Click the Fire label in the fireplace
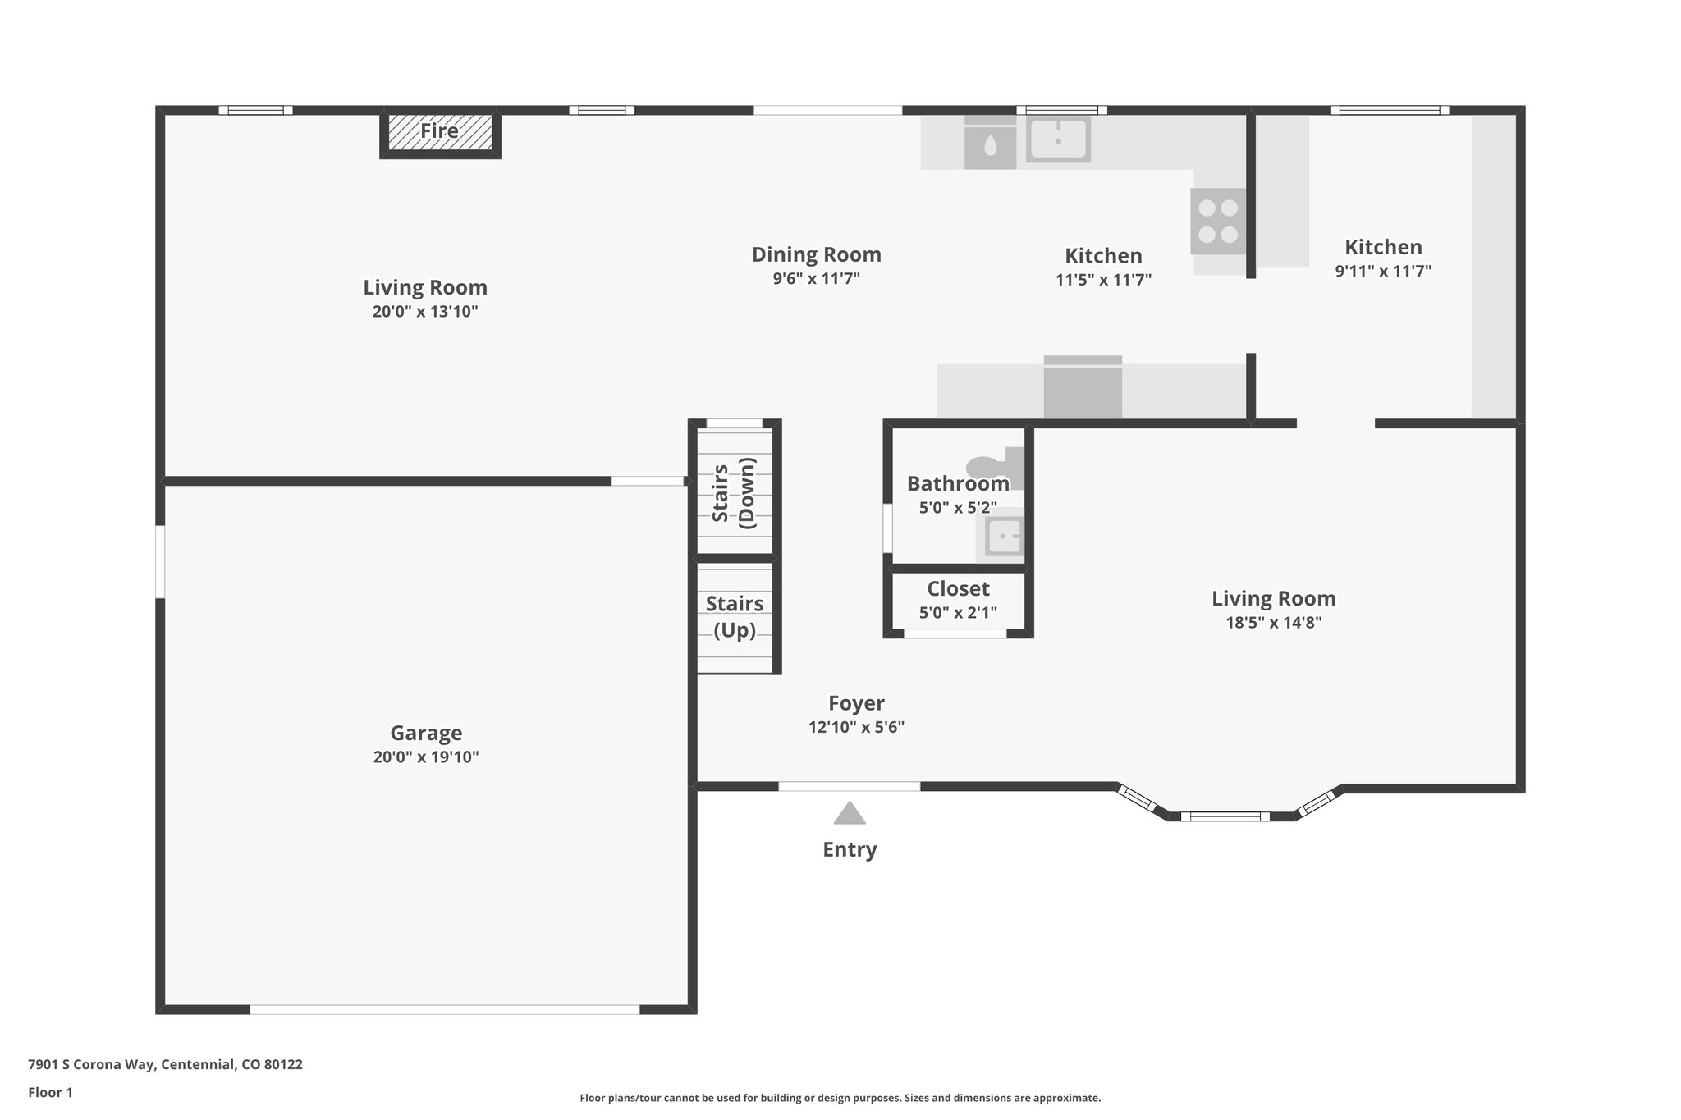click(x=439, y=131)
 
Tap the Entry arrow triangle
click(x=850, y=813)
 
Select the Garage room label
click(x=425, y=733)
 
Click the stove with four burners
click(x=1218, y=221)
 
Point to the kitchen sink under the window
click(x=1058, y=139)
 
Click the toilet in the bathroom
click(x=995, y=468)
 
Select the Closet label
click(x=958, y=589)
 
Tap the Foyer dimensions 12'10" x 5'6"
click(x=856, y=727)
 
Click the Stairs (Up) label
click(x=735, y=616)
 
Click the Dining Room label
click(x=816, y=255)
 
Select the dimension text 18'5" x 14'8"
click(x=1273, y=623)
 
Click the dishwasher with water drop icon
click(x=990, y=147)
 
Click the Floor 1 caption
click(x=50, y=1092)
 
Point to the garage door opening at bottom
click(x=444, y=1009)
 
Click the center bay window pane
click(x=1225, y=816)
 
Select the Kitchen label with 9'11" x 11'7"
click(x=1383, y=247)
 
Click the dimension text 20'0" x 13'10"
click(x=424, y=312)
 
